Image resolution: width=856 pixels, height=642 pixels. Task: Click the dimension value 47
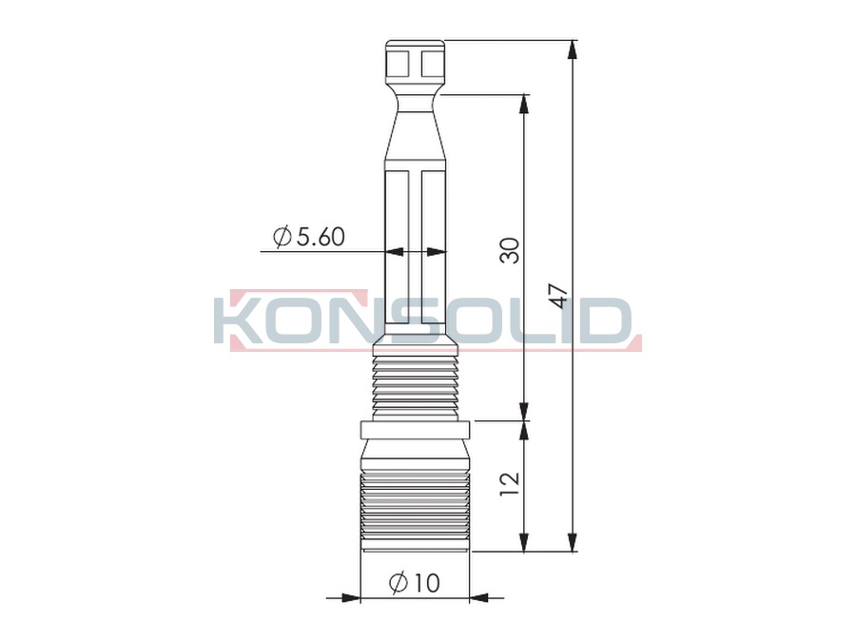[x=560, y=296]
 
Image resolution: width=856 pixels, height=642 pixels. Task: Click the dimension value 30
[x=510, y=250]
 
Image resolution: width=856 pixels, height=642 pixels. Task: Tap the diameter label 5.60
[x=309, y=237]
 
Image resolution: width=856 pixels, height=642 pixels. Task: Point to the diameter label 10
[x=415, y=583]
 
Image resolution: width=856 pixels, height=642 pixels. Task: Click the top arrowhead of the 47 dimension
[x=572, y=49]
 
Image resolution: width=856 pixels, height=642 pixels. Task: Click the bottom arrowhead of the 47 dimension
[x=572, y=542]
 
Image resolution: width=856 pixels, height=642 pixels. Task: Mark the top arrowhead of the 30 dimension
[x=523, y=105]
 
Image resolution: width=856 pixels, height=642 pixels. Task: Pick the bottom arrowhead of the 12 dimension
[x=523, y=542]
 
